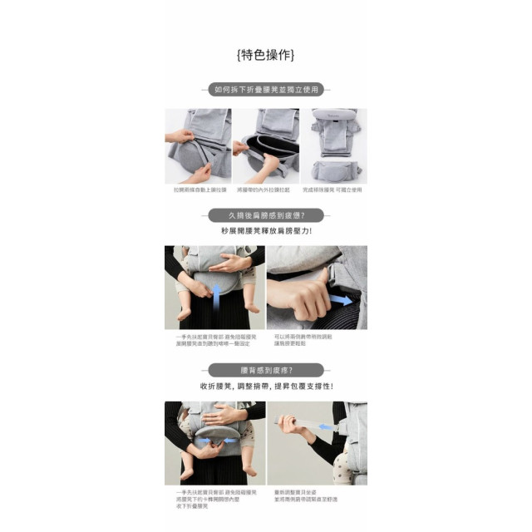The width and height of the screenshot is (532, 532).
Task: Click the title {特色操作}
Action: pyautogui.click(x=265, y=55)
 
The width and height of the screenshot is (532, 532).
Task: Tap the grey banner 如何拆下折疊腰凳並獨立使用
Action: pyautogui.click(x=265, y=90)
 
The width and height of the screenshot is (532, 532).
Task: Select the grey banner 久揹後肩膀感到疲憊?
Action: pyautogui.click(x=265, y=214)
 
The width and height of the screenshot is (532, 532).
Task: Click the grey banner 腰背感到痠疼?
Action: pyautogui.click(x=265, y=370)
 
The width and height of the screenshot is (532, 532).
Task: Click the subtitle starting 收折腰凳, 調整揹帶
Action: pyautogui.click(x=265, y=387)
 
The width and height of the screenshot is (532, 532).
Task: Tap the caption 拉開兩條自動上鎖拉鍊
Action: pyautogui.click(x=199, y=190)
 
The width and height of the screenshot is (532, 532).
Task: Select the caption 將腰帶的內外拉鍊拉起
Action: pyautogui.click(x=264, y=190)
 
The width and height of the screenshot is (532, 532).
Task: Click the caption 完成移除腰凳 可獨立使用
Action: pyautogui.click(x=333, y=190)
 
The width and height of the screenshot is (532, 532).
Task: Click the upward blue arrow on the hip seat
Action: pyautogui.click(x=214, y=293)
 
